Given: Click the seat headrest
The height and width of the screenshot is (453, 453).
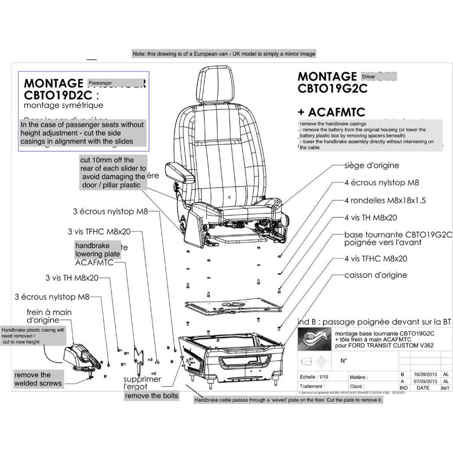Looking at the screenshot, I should [217, 87].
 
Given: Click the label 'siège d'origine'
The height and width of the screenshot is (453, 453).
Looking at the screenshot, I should [371, 166].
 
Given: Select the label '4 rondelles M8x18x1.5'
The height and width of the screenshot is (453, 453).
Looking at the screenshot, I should [385, 201].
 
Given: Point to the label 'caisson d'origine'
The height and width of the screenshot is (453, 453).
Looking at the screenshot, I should [376, 275].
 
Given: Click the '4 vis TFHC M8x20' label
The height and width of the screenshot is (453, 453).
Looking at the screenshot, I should [376, 258].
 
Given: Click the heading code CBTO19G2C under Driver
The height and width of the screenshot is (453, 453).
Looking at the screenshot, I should [332, 88].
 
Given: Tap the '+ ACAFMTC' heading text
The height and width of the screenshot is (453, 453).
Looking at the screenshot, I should [332, 112].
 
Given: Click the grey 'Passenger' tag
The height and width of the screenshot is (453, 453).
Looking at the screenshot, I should [101, 83].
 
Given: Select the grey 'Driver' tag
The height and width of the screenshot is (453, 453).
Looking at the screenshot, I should [370, 77].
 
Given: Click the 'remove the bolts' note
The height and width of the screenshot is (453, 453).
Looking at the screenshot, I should [151, 395].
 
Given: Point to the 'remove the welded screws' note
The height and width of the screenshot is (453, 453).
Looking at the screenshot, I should [38, 379].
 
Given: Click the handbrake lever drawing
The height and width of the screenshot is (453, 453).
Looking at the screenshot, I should [82, 357].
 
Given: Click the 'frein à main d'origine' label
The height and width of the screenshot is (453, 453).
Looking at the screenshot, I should [49, 316].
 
